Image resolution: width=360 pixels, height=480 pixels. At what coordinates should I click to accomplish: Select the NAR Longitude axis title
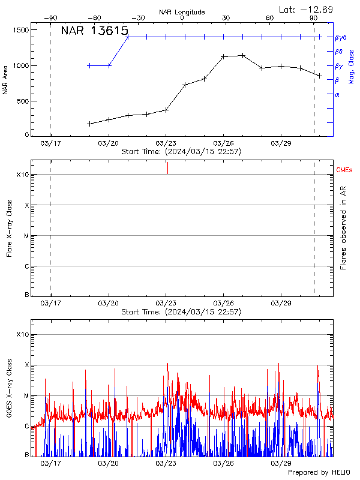pyautogui.click(x=182, y=11)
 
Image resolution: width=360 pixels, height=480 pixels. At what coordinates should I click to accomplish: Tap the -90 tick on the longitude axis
pyautogui.click(x=52, y=19)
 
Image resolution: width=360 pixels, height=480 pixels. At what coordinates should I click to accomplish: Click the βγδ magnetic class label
pyautogui.click(x=340, y=37)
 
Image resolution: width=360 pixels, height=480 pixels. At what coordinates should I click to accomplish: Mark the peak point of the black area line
pyautogui.click(x=243, y=55)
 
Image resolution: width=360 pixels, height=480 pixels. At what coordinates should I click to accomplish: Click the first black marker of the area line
pyautogui.click(x=89, y=124)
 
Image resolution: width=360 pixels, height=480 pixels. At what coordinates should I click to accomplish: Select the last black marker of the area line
pyautogui.click(x=320, y=76)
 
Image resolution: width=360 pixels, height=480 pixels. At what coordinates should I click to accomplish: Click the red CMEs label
pyautogui.click(x=344, y=170)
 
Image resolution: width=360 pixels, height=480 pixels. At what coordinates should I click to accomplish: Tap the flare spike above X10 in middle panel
pyautogui.click(x=167, y=168)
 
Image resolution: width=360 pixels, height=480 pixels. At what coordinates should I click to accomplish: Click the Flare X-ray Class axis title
pyautogui.click(x=9, y=228)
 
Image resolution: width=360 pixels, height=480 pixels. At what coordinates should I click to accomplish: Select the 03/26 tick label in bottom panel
pyautogui.click(x=223, y=463)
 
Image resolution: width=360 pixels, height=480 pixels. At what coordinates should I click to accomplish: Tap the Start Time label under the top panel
pyautogui.click(x=181, y=152)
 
